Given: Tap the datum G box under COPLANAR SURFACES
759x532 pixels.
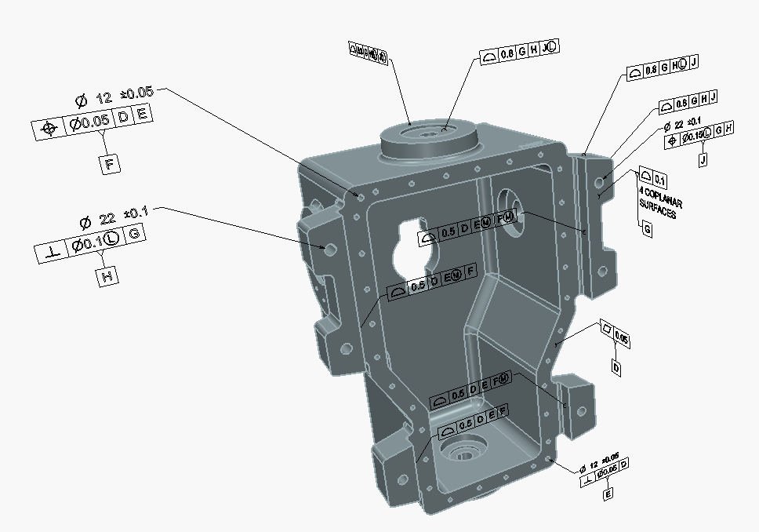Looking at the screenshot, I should (647, 230).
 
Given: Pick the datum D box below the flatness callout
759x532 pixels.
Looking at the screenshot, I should (616, 367).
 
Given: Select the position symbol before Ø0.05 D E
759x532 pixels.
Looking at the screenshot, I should (49, 129).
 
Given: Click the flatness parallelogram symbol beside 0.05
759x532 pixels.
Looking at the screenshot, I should (605, 327).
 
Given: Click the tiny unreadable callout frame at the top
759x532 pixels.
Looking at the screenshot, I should (368, 54).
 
